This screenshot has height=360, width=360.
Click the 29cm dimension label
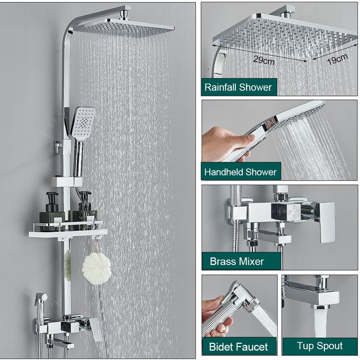264,60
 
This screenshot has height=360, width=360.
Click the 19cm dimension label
337,59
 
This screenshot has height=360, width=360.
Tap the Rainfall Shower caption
238,87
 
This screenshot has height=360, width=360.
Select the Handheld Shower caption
240,172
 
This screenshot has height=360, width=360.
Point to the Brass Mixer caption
237,261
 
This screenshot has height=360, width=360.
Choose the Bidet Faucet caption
238,346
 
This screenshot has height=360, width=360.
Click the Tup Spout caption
320,346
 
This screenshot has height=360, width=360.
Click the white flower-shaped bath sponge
96,268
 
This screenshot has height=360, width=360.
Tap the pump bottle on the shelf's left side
52,211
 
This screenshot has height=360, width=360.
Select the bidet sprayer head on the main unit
42,299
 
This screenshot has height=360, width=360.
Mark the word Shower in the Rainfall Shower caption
255,87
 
